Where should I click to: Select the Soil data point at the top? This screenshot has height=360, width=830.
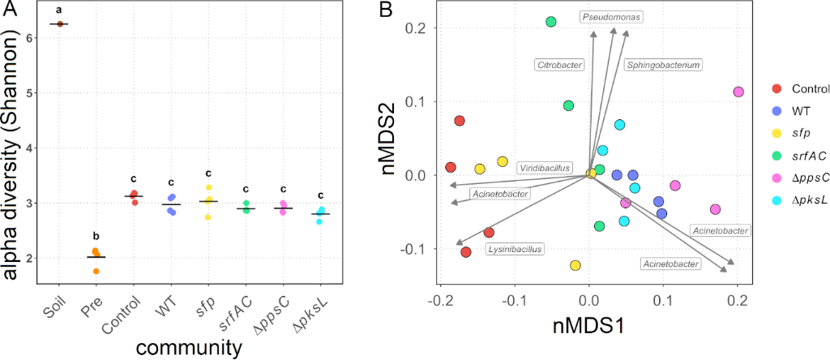click(x=59, y=24)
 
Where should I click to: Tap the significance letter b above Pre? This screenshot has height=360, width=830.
click(x=96, y=236)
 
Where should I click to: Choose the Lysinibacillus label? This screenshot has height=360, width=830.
click(x=514, y=249)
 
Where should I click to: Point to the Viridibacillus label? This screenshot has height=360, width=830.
click(x=545, y=166)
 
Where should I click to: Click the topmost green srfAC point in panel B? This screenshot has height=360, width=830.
click(x=551, y=22)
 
